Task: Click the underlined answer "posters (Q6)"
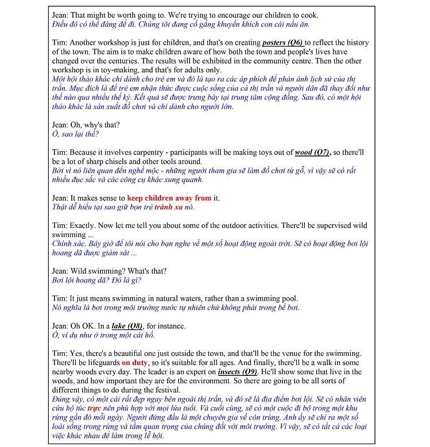(283, 43)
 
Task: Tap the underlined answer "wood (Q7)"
(312, 153)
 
